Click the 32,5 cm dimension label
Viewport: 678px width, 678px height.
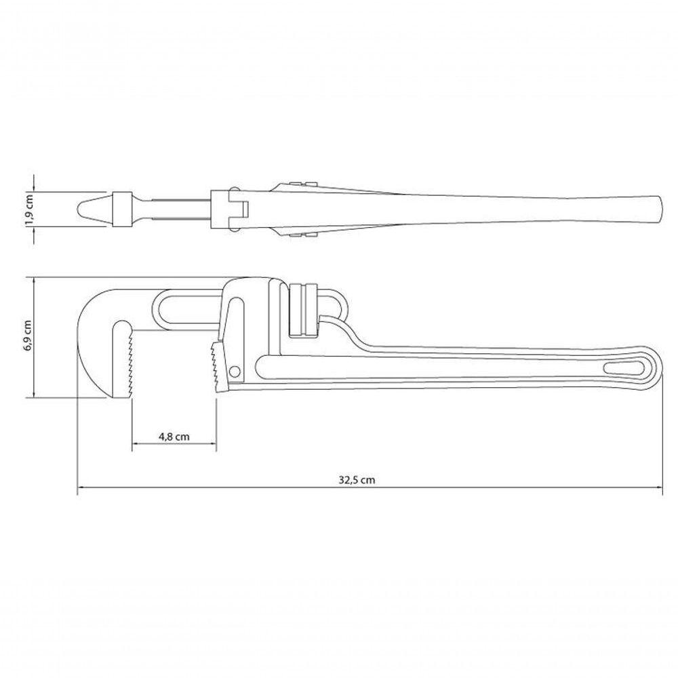click(x=357, y=480)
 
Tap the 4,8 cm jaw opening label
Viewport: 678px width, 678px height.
click(x=174, y=436)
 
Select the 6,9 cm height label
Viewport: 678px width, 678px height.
click(x=28, y=337)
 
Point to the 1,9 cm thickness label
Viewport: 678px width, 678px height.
click(x=29, y=210)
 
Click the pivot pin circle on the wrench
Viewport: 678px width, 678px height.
click(x=235, y=371)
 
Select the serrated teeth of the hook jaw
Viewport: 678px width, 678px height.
click(x=129, y=361)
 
